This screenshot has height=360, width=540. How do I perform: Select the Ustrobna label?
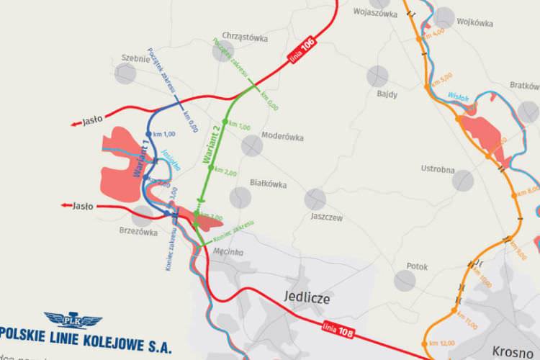pyautogui.click(x=438, y=169)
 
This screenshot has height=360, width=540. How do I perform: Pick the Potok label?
pyautogui.click(x=417, y=266)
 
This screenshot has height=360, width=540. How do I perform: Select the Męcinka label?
pyautogui.click(x=228, y=251)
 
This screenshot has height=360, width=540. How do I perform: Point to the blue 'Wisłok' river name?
pyautogui.click(x=458, y=95)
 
